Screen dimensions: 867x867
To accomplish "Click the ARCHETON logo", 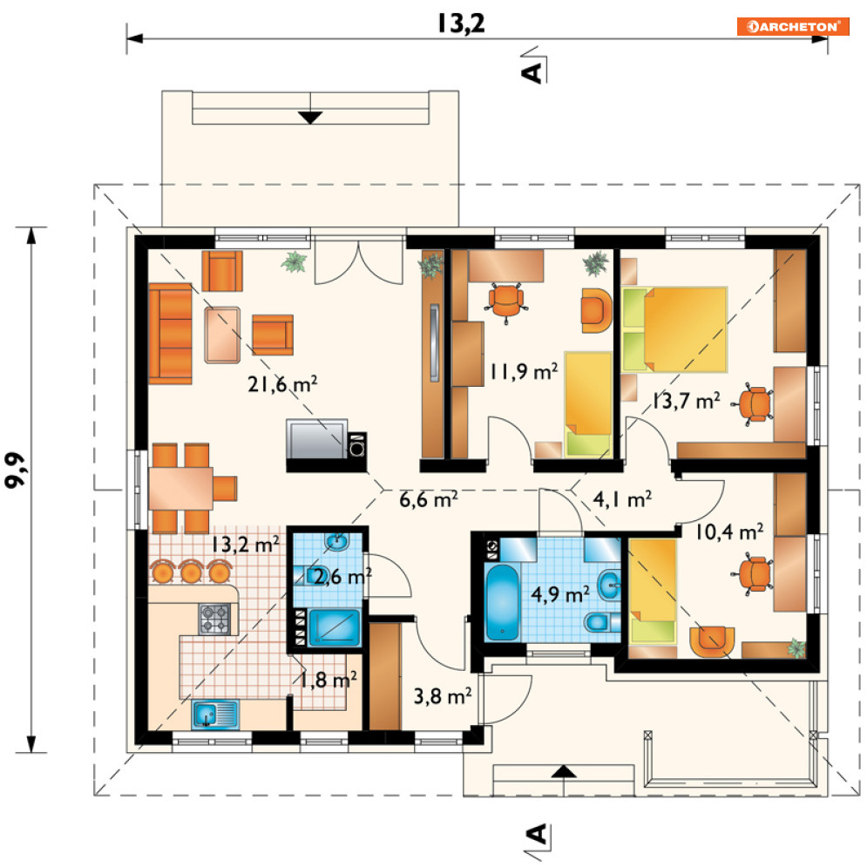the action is point(793,26).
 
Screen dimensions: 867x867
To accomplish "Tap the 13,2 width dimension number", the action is point(461,24).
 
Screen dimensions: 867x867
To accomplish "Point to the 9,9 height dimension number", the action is point(15,470).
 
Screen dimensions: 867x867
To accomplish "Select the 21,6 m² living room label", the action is point(282,383).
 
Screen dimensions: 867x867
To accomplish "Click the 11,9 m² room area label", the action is point(524,371).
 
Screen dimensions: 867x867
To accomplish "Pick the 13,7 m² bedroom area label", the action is point(686,400).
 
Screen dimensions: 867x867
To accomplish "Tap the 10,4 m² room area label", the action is point(729,532).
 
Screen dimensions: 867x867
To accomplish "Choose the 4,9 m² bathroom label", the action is point(560,594).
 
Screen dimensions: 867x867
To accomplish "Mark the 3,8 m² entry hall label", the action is point(443,696).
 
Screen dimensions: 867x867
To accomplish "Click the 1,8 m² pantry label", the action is point(328,680).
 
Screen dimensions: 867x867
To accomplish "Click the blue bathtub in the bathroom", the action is point(502,602).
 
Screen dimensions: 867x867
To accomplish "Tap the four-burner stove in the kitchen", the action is point(214,619).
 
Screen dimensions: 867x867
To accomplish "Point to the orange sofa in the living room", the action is point(170,334).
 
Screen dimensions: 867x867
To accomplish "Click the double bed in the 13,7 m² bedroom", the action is point(674,329).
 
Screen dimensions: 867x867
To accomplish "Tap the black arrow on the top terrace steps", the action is point(310,118).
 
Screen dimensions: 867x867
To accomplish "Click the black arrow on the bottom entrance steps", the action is point(563,771).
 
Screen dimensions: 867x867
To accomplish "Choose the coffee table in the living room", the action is point(222,335).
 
